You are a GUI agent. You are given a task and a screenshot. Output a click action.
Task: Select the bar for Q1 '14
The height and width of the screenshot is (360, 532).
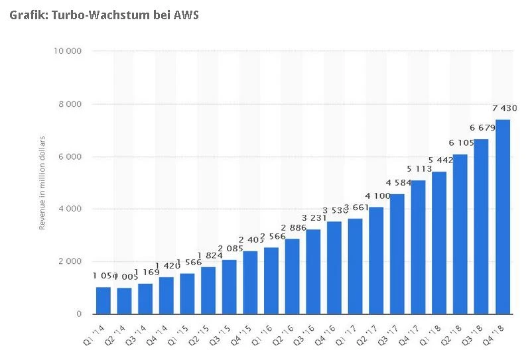click(103, 300)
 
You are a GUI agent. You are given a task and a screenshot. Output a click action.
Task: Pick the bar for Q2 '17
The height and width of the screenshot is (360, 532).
click(376, 261)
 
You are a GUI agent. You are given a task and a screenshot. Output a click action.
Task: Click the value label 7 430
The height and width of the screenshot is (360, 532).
click(504, 108)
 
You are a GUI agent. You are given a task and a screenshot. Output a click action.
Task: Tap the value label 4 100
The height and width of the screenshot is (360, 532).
click(376, 196)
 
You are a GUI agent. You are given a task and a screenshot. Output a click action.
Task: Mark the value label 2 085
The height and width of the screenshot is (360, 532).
click(230, 249)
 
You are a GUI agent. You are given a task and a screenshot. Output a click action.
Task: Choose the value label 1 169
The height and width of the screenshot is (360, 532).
click(146, 272)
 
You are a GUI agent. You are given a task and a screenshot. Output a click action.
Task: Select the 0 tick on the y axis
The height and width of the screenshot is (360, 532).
click(79, 314)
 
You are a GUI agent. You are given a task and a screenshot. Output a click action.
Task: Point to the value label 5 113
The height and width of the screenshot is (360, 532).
click(419, 169)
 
